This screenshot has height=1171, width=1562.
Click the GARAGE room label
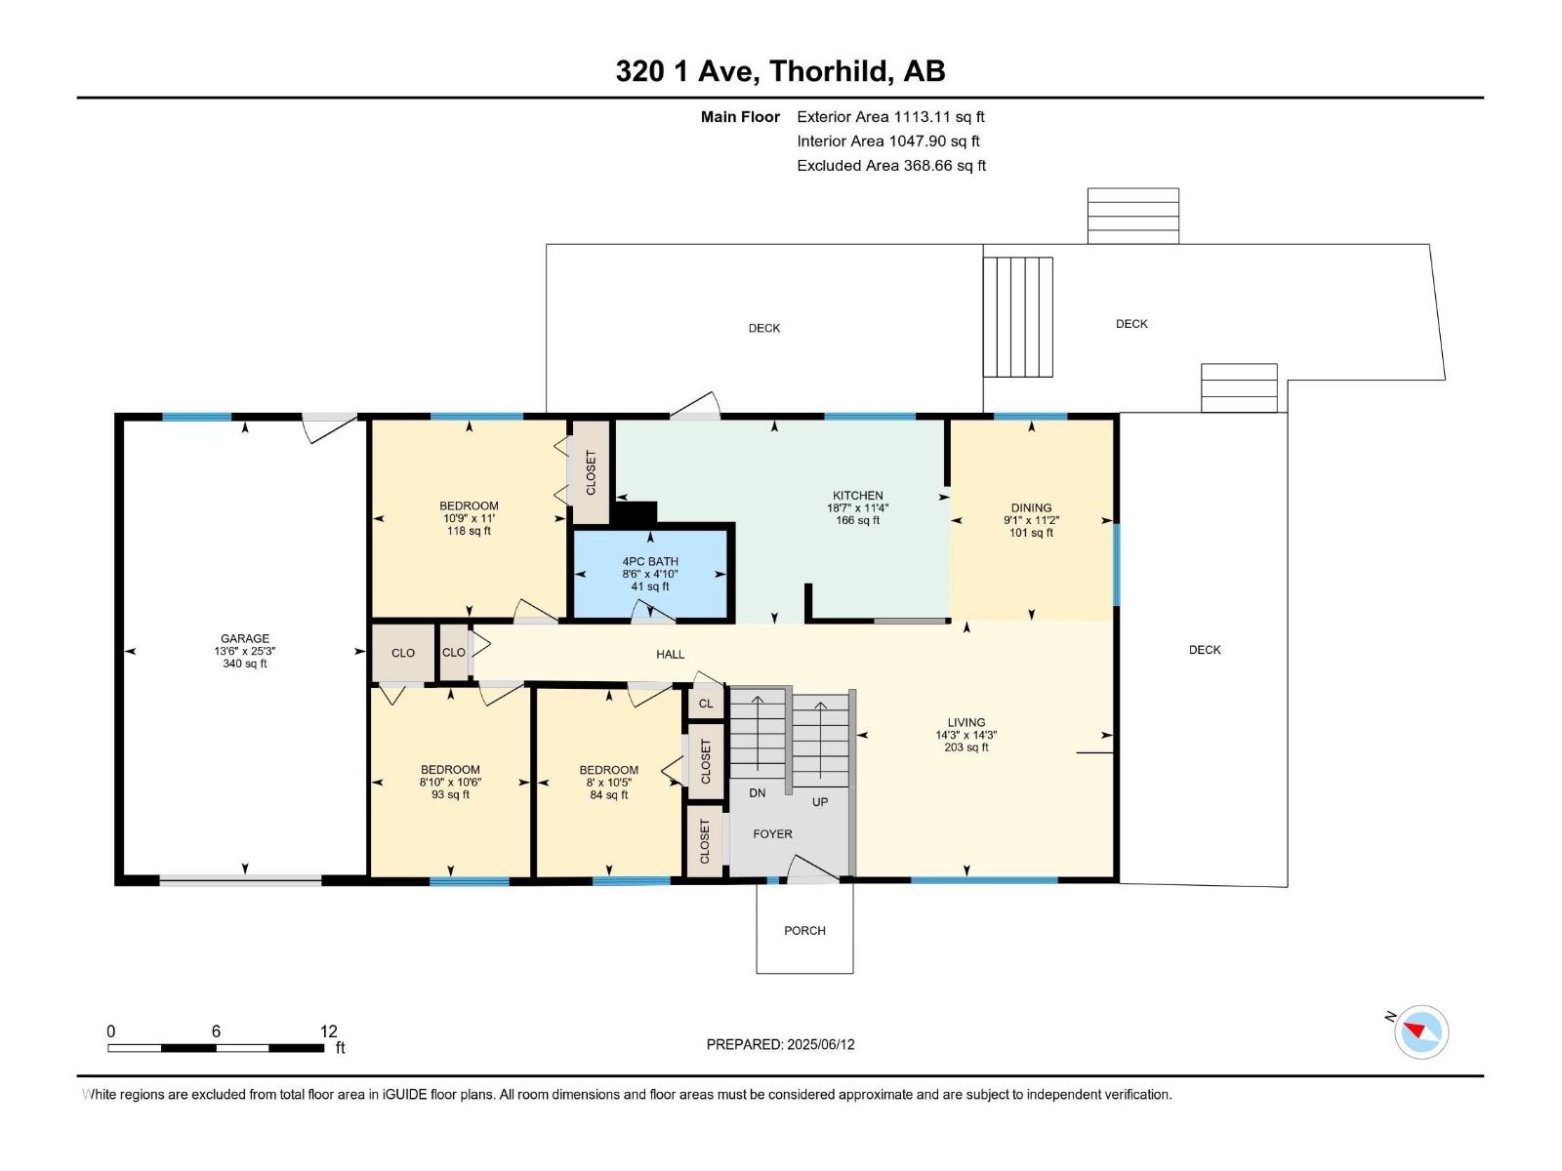(244, 639)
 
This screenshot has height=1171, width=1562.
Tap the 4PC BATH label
(650, 562)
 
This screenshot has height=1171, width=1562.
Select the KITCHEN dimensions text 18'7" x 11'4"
(857, 508)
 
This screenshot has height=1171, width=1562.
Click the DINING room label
(1031, 508)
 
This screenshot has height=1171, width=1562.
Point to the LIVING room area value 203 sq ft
(966, 748)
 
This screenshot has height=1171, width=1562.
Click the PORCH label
(804, 931)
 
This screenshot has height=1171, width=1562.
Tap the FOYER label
(772, 834)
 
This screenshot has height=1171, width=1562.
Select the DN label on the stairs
(758, 793)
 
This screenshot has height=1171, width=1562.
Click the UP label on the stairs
(820, 802)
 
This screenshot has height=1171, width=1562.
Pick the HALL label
(670, 655)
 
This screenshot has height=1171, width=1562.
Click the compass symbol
(1420, 1031)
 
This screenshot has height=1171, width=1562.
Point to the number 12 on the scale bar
(328, 1031)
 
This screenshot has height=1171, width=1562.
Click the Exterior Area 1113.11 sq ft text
(890, 117)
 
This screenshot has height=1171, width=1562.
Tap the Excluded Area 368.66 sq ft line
(890, 166)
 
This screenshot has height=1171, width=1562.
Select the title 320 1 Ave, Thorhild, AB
(780, 71)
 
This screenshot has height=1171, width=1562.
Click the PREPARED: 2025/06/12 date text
(780, 1044)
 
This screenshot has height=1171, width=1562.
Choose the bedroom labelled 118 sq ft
(469, 518)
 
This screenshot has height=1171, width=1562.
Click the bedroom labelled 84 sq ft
(608, 783)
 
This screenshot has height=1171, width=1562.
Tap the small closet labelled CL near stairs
(706, 704)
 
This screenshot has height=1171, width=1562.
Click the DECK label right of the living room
(1205, 650)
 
